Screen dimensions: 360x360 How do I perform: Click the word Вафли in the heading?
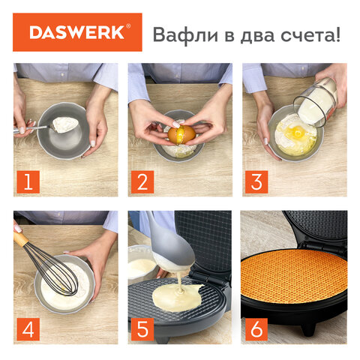coord(185,34)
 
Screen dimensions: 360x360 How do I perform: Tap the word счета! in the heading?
coord(310,35)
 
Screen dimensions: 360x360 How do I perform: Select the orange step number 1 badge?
coord(28,181)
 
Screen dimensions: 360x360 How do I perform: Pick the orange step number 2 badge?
coord(142,181)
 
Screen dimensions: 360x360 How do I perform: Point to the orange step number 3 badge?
coord(256,181)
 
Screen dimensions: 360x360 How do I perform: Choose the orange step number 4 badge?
coord(28,329)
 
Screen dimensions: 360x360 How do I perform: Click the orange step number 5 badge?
coord(142,329)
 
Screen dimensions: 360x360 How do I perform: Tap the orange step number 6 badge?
coord(256,329)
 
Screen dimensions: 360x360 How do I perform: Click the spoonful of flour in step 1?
coord(65,124)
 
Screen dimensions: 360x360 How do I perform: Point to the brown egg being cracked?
coord(181,135)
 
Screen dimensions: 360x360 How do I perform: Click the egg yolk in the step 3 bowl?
coord(298,130)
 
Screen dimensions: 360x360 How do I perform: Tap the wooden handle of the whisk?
coord(20,238)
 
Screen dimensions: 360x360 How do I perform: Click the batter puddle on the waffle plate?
coord(177,298)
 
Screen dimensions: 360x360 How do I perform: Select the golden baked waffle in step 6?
coord(294,275)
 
